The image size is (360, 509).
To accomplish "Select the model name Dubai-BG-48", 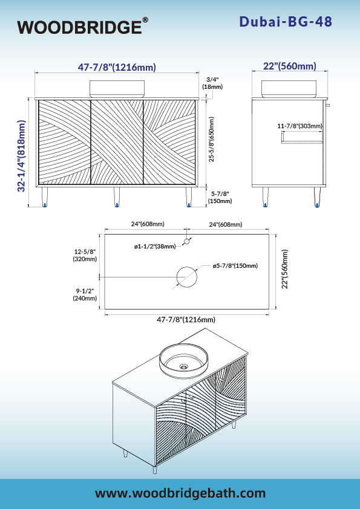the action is [x=286, y=22].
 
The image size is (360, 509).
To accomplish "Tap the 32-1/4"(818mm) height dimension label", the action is [x=21, y=156].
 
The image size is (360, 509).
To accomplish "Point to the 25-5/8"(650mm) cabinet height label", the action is [x=212, y=139].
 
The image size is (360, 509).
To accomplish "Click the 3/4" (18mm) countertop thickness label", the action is [x=212, y=83].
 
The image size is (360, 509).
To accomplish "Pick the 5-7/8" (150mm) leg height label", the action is [x=221, y=197].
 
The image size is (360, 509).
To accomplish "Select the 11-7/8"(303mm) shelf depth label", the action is [x=299, y=126].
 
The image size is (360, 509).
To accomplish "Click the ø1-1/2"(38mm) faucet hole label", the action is [x=155, y=247].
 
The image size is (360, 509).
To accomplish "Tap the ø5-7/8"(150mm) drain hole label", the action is [x=235, y=266].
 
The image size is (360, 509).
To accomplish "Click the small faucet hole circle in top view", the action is [x=187, y=242].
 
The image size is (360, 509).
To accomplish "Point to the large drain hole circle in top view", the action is [x=187, y=277].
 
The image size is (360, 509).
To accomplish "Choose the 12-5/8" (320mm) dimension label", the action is [x=85, y=256].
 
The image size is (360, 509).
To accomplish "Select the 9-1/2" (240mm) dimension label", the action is [x=85, y=294].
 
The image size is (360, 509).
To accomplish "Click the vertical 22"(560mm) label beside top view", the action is [x=284, y=269].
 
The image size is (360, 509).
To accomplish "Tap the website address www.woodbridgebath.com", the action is [x=180, y=493].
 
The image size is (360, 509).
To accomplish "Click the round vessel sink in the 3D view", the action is [x=183, y=361].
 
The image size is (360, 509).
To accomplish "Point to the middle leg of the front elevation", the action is [x=116, y=196].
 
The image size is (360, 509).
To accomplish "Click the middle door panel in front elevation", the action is [x=117, y=142].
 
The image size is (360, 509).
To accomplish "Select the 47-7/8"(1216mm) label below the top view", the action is [x=186, y=320].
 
